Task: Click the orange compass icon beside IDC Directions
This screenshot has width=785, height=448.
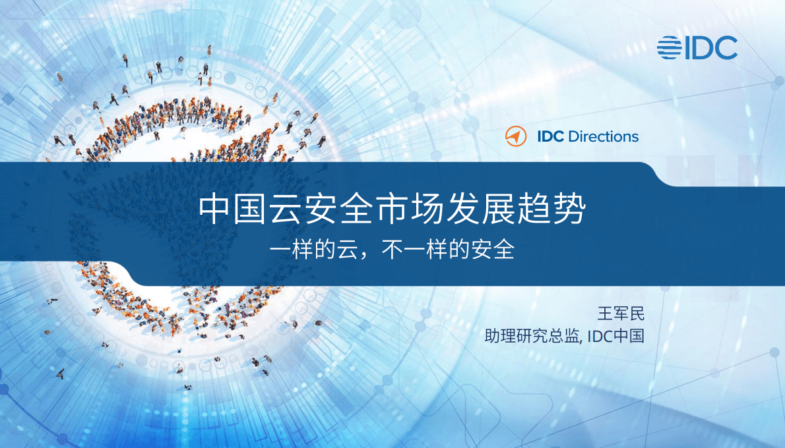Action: [516, 136]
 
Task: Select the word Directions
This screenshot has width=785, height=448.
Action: [603, 137]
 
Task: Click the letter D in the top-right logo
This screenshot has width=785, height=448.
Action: [707, 47]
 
